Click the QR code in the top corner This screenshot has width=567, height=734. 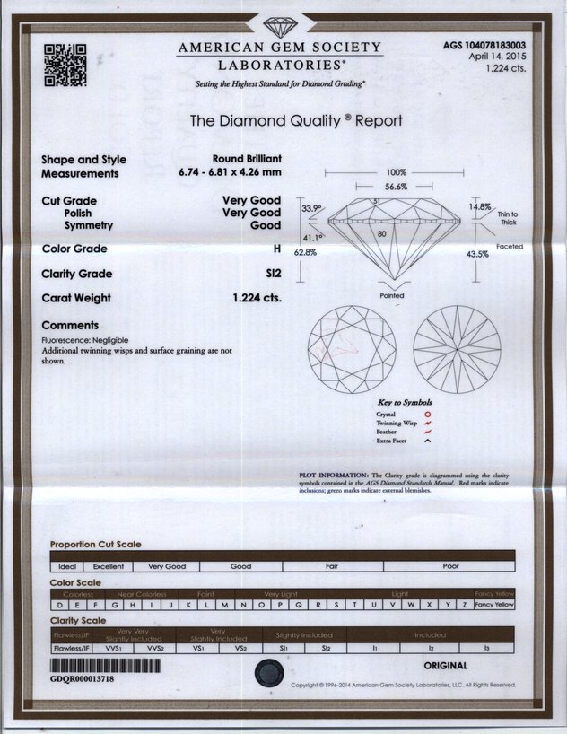tap(65, 65)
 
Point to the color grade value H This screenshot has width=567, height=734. tap(277, 249)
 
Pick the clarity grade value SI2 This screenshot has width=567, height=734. tap(274, 274)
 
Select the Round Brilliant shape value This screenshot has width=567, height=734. tap(247, 157)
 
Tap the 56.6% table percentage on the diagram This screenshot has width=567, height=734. tap(396, 187)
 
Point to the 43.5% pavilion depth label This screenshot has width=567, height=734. tap(477, 254)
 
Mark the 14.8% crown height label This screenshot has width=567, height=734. tap(479, 206)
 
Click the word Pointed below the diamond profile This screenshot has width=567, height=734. tap(392, 295)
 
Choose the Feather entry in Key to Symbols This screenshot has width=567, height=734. tap(387, 432)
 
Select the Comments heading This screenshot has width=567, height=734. tap(70, 325)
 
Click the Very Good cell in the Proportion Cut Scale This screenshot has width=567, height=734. tap(167, 566)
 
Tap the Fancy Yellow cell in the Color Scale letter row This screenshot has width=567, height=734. tap(494, 605)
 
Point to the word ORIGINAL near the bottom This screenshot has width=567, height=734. tap(445, 666)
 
